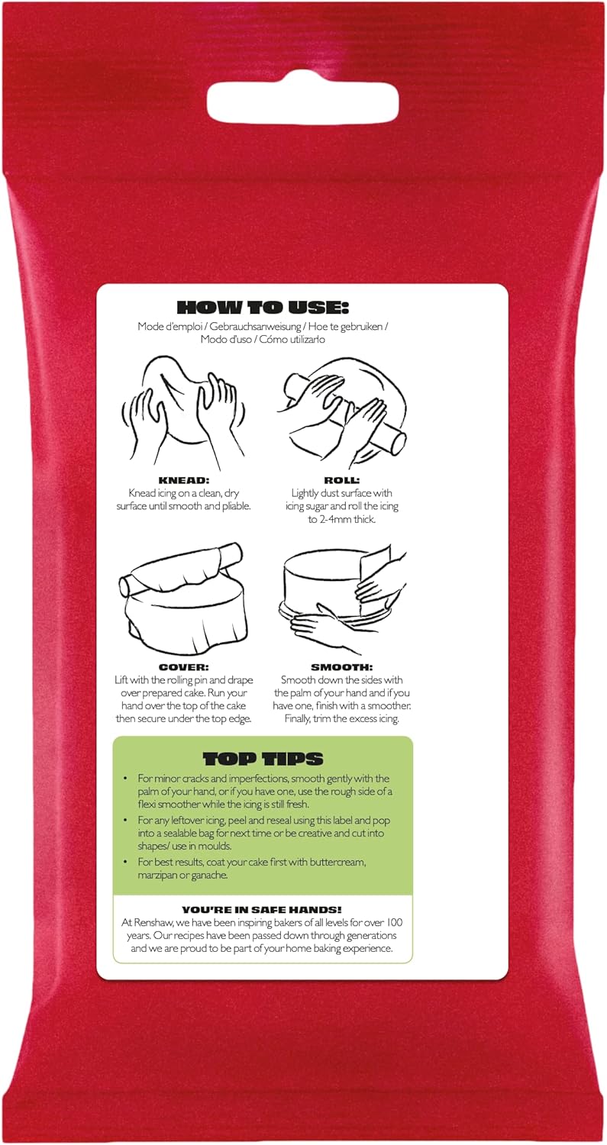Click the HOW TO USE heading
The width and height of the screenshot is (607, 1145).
point(263,308)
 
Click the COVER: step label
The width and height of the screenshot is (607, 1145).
point(183,667)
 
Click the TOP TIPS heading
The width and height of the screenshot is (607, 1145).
point(263,759)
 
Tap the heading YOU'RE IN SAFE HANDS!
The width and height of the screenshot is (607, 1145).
point(263,909)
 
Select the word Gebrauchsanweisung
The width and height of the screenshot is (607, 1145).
point(260,327)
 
